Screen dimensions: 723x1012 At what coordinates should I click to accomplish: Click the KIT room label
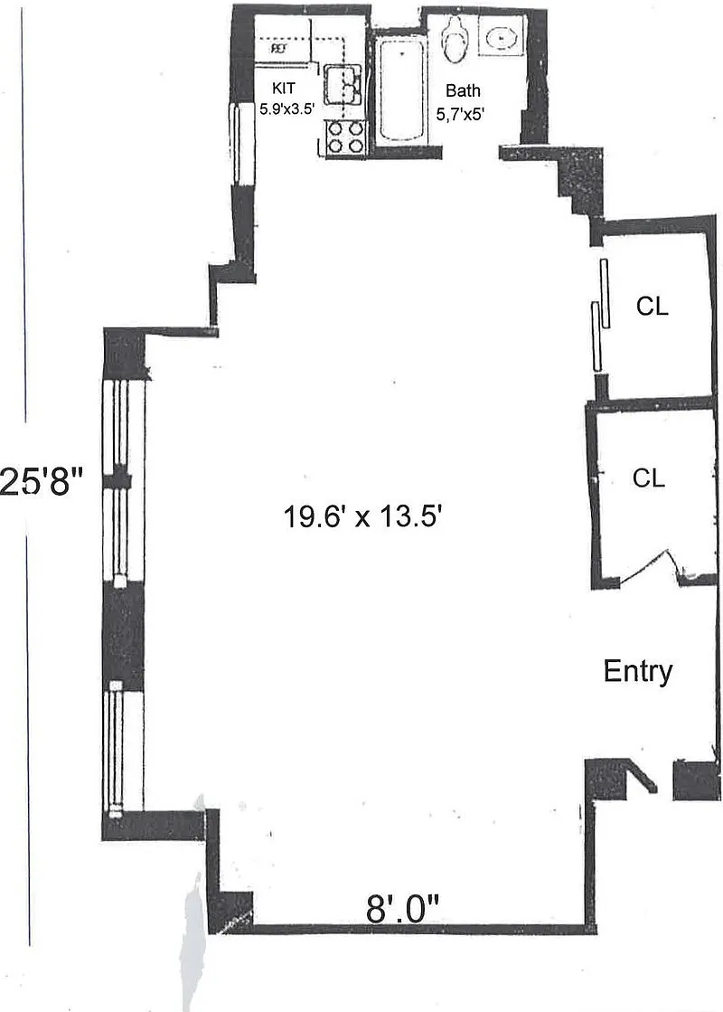pyautogui.click(x=283, y=89)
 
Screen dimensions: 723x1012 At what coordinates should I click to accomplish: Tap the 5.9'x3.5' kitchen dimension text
pyautogui.click(x=286, y=109)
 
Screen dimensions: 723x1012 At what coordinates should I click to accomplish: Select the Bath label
pyautogui.click(x=463, y=91)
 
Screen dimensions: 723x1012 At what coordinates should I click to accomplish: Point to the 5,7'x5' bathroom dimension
pyautogui.click(x=460, y=115)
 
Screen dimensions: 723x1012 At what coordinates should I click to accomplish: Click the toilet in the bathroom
pyautogui.click(x=455, y=39)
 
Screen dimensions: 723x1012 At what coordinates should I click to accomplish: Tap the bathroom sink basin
pyautogui.click(x=502, y=40)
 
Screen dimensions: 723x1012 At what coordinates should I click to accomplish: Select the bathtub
pyautogui.click(x=401, y=90)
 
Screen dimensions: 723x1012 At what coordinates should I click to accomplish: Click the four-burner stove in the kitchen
pyautogui.click(x=346, y=137)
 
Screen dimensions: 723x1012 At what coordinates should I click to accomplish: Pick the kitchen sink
pyautogui.click(x=343, y=84)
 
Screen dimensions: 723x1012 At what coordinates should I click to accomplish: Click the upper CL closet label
pyautogui.click(x=652, y=306)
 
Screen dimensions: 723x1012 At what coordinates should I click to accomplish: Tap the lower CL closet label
pyautogui.click(x=648, y=478)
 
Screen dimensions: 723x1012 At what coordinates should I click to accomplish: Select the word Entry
pyautogui.click(x=638, y=672)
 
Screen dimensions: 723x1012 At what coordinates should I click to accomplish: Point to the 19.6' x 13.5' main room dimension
pyautogui.click(x=362, y=516)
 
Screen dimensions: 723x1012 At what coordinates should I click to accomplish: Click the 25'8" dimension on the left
pyautogui.click(x=42, y=481)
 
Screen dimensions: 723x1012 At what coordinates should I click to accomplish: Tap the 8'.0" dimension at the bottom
pyautogui.click(x=402, y=910)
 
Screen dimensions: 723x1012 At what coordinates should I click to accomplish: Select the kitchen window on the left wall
pyautogui.click(x=237, y=143)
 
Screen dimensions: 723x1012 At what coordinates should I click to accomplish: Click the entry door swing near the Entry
pyautogui.click(x=642, y=777)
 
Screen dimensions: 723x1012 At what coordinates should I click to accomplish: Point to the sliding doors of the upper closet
pyautogui.click(x=601, y=315)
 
